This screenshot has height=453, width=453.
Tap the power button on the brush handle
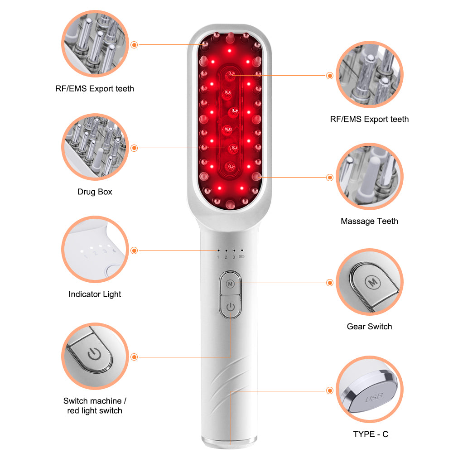[x=230, y=307]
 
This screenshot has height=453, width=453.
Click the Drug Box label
[x=95, y=192]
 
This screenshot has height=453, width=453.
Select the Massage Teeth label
[x=369, y=222]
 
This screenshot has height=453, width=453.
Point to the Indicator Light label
[x=95, y=294]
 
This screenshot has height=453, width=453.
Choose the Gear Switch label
[x=369, y=327]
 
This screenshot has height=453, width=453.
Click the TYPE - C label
[x=371, y=434]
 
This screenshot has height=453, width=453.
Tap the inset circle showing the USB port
[x=370, y=389]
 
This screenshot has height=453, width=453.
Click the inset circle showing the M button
[x=370, y=282]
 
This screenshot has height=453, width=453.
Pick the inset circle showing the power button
[x=95, y=356]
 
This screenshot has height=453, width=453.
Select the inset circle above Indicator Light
[x=95, y=249]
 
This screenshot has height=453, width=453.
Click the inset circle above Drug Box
[x=95, y=147]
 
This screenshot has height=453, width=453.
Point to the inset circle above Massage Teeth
[x=370, y=176]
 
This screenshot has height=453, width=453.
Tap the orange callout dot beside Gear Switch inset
[x=330, y=283]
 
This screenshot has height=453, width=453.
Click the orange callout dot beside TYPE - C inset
[x=330, y=390]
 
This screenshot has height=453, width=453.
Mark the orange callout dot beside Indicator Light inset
[x=134, y=251]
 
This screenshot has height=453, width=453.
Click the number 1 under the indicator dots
[x=218, y=257]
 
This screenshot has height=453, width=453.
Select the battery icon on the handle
[x=241, y=256]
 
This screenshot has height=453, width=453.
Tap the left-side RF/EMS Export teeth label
[x=95, y=89]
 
